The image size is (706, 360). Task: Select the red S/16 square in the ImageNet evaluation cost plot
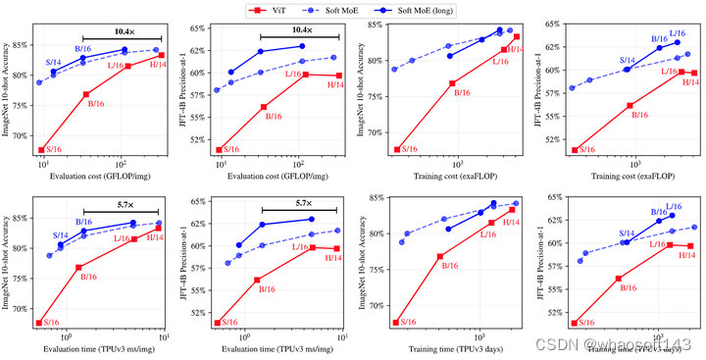tap(41, 150)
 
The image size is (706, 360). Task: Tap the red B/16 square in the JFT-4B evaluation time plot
tap(257, 280)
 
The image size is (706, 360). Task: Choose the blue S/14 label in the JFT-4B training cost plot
tap(628, 61)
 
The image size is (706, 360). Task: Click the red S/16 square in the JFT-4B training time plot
tap(576, 322)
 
